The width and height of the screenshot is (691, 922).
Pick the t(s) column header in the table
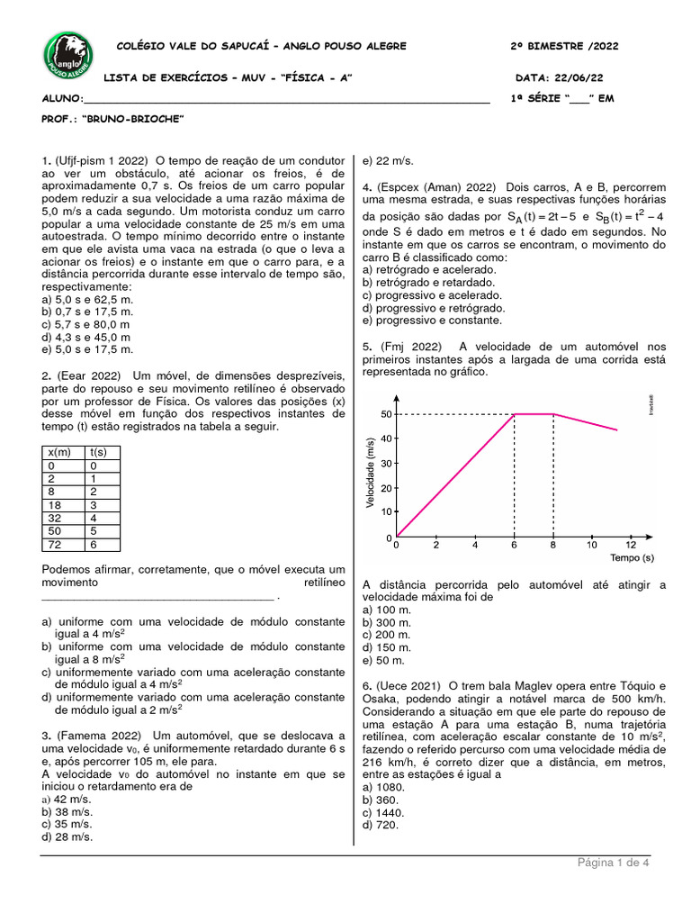point(98,451)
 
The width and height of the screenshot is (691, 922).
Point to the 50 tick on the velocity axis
point(386,414)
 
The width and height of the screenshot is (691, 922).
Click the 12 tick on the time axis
point(630,546)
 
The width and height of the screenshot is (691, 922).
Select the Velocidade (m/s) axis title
point(370,472)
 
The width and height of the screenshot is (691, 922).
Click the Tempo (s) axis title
point(632,558)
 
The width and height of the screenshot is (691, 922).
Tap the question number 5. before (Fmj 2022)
point(367,346)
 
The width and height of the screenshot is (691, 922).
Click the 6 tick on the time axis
point(514,546)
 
